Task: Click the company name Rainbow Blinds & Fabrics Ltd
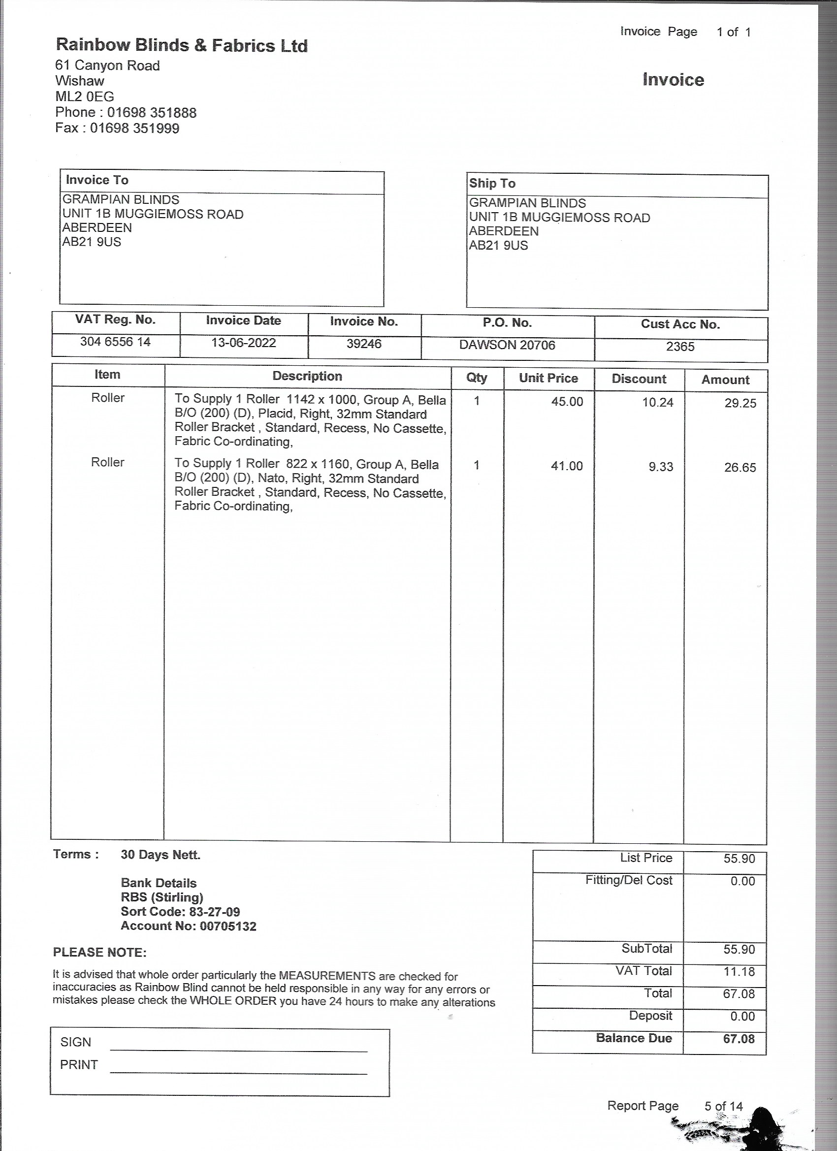[x=182, y=45]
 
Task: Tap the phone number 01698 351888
[x=151, y=112]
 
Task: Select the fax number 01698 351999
[x=134, y=128]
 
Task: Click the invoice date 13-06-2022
[x=243, y=343]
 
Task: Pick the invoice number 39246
[x=364, y=344]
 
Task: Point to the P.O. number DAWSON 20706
[x=507, y=345]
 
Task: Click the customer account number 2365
[x=679, y=346]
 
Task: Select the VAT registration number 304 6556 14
[x=115, y=342]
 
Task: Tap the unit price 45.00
[x=567, y=401]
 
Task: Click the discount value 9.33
[x=660, y=466]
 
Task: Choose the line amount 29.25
[x=740, y=403]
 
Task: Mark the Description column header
[x=307, y=376]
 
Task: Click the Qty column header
[x=477, y=378]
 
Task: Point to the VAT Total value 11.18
[x=739, y=971]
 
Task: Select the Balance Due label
[x=634, y=1038]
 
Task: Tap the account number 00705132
[x=228, y=926]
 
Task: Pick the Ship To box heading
[x=492, y=183]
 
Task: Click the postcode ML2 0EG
[x=85, y=96]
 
